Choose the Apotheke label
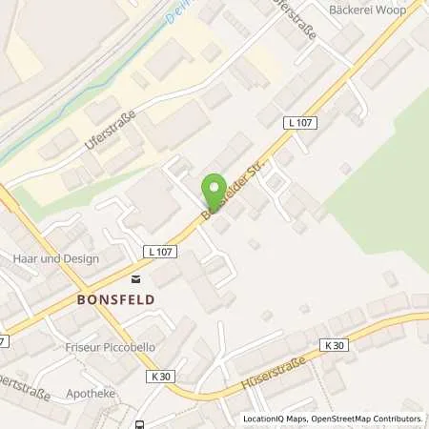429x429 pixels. pyautogui.click(x=91, y=392)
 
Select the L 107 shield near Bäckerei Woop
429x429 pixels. pyautogui.click(x=298, y=123)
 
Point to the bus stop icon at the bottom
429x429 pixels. pyautogui.click(x=141, y=422)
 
